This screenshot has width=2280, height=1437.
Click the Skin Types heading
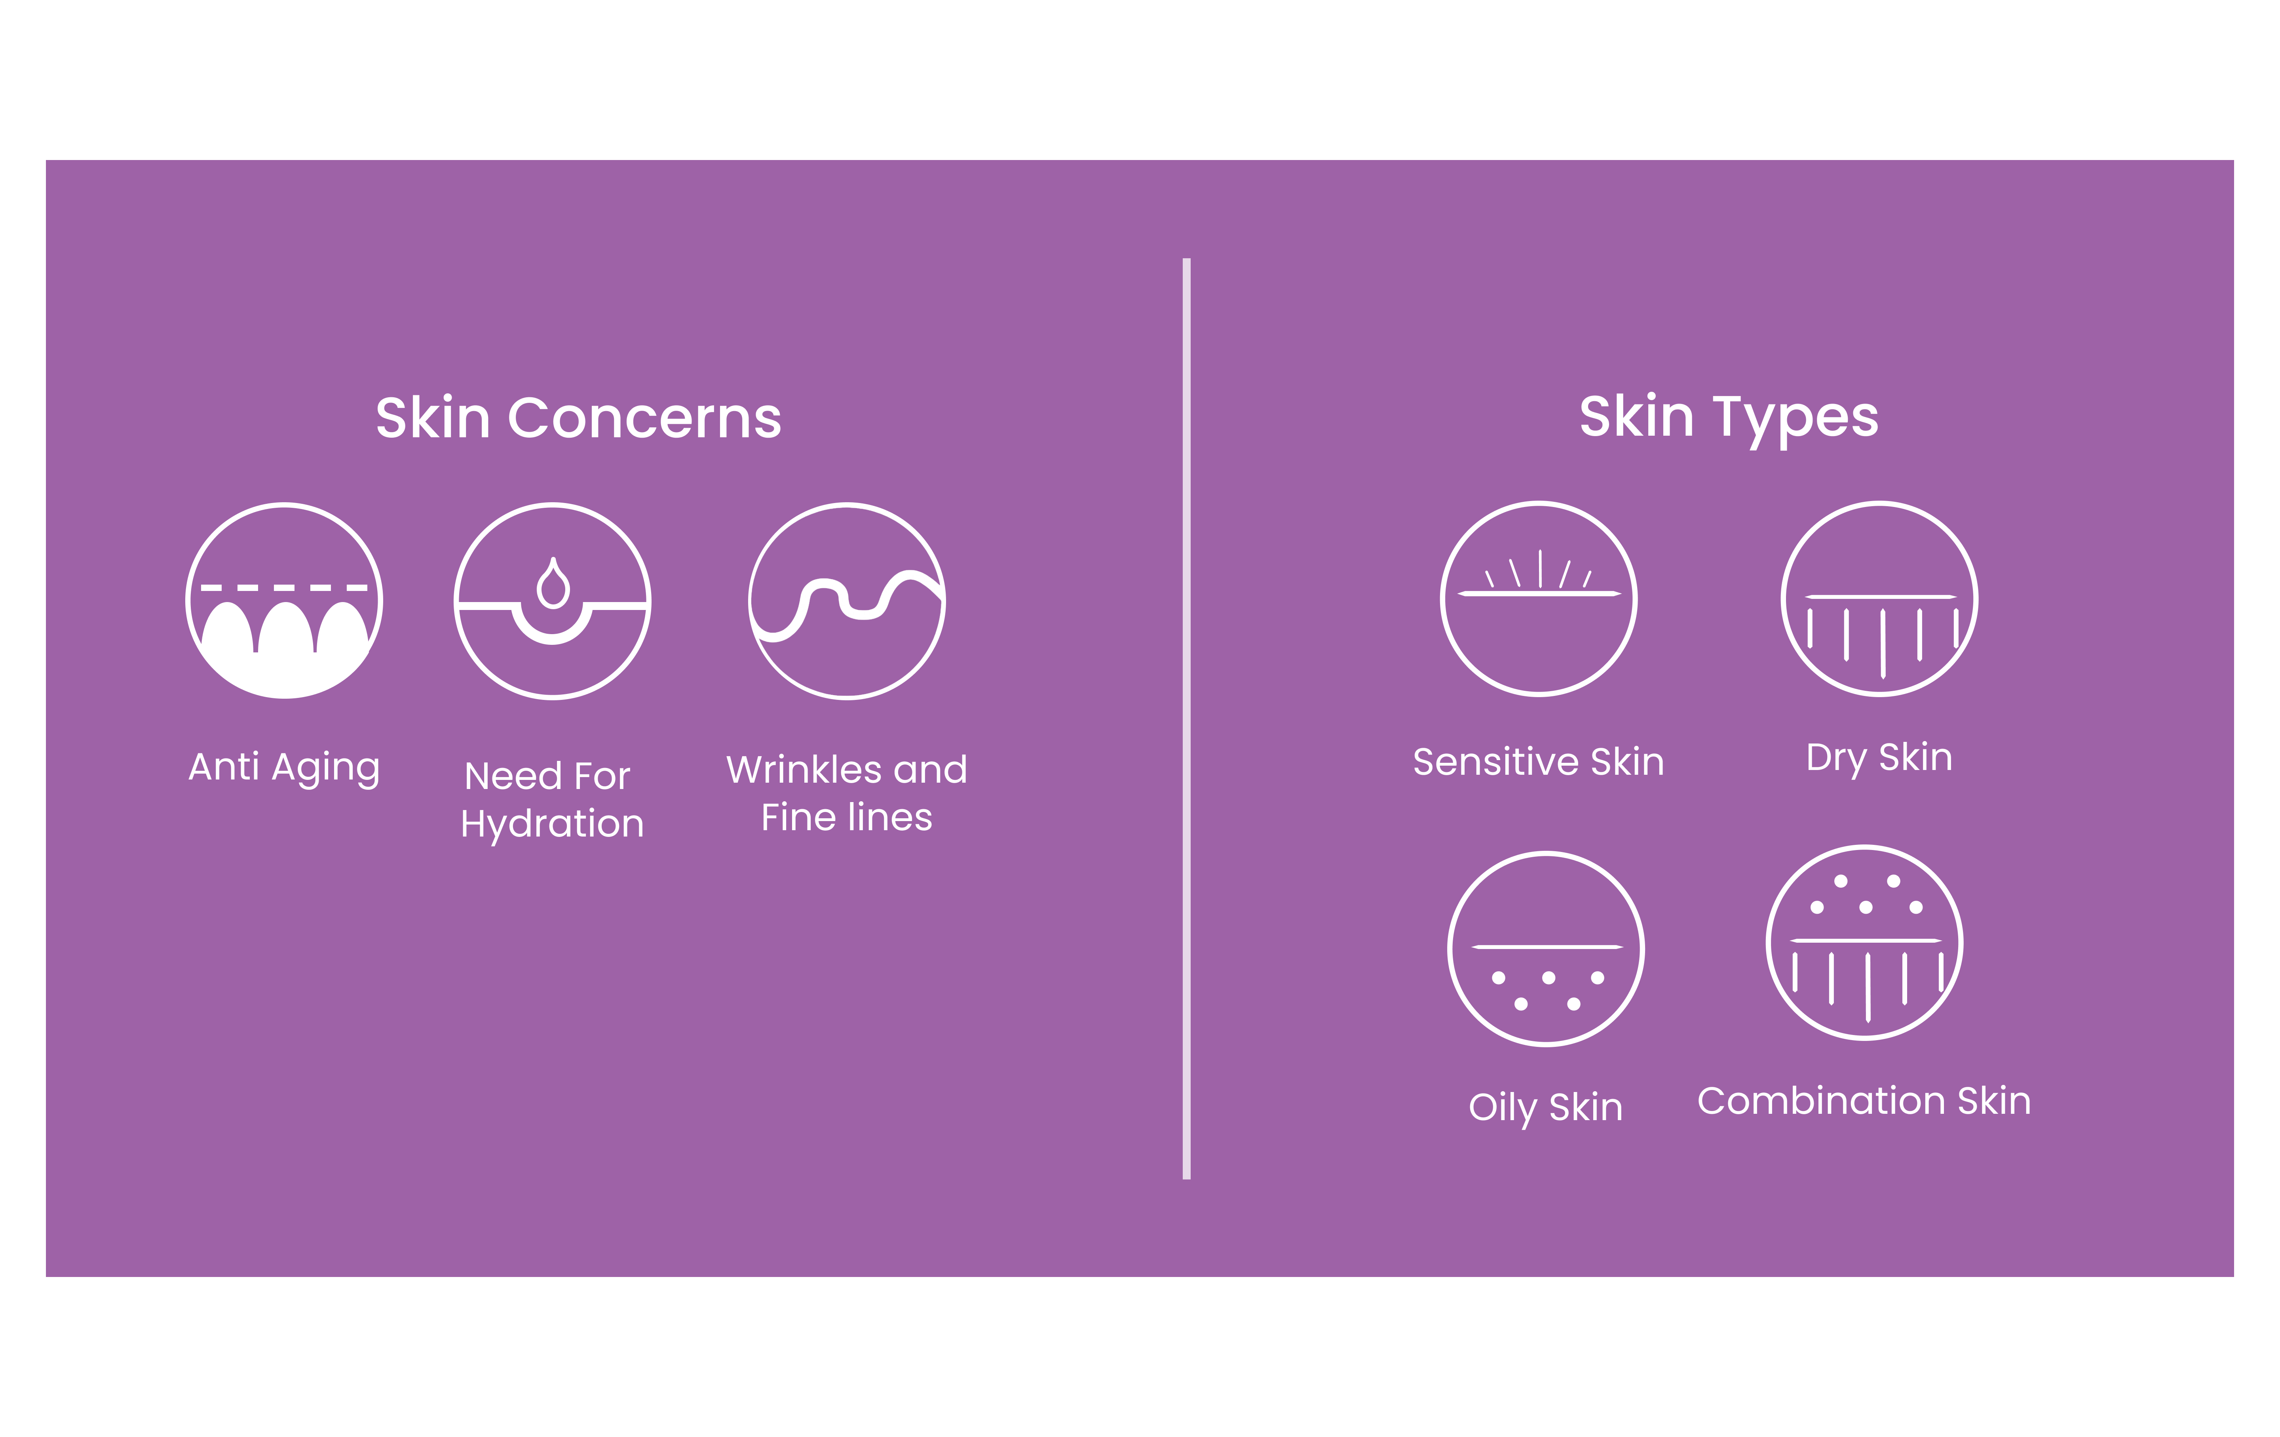(x=1729, y=419)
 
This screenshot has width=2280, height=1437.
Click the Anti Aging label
(x=284, y=767)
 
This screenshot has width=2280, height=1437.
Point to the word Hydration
(x=552, y=824)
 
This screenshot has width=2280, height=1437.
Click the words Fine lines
(x=846, y=818)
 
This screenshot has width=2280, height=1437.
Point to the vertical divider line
(x=1186, y=718)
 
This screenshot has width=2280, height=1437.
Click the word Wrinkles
(x=795, y=770)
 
